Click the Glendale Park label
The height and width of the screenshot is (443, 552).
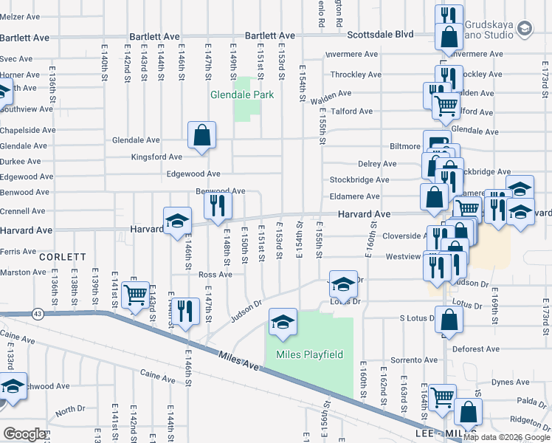point(242,95)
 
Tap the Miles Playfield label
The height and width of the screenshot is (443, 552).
point(309,354)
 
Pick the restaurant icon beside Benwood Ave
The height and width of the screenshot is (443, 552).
point(217,205)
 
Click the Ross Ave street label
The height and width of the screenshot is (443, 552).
point(215,274)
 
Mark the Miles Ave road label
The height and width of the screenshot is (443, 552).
point(239,365)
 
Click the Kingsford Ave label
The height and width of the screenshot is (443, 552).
point(156,157)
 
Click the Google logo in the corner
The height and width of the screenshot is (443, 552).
point(24,434)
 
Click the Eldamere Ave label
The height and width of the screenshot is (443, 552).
point(354,196)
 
